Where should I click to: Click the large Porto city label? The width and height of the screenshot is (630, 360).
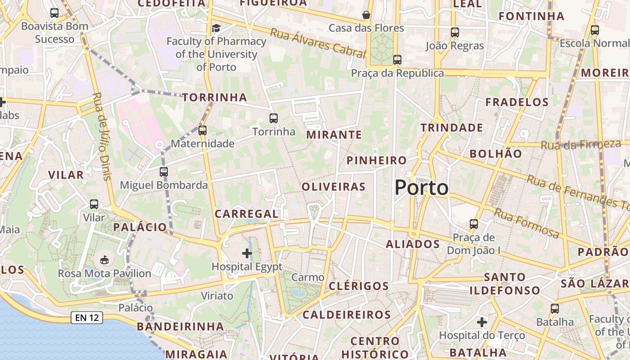pos(421,188)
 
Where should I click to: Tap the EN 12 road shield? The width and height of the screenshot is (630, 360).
pos(87,318)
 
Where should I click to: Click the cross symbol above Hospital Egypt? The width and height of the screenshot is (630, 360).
pos(247,253)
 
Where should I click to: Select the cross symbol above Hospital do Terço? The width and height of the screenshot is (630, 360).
pos(482,322)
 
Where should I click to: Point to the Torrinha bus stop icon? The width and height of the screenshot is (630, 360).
pos(273,118)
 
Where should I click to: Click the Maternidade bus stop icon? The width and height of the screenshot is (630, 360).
pos(202,130)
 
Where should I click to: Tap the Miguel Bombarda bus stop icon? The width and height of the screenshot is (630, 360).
pos(164,171)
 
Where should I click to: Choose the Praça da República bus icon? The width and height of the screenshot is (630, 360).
pos(397,59)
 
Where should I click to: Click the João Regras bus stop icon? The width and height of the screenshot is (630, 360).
pos(455,32)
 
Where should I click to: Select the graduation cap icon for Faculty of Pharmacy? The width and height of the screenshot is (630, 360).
pos(216,28)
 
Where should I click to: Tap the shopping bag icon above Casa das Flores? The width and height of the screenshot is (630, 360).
pos(366,15)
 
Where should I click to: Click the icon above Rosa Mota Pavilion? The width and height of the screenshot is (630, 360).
pos(104,260)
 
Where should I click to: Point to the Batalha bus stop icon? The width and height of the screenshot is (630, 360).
pos(555,309)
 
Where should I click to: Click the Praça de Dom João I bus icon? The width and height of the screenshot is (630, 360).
pos(473,224)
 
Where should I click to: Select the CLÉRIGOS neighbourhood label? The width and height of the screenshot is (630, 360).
pos(359,286)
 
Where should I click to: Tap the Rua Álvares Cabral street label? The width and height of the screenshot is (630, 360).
pos(317,43)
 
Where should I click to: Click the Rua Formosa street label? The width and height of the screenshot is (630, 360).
pos(526,223)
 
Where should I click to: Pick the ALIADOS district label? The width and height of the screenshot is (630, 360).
pos(413,244)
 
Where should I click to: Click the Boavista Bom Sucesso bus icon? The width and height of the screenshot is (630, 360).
pos(54,13)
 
